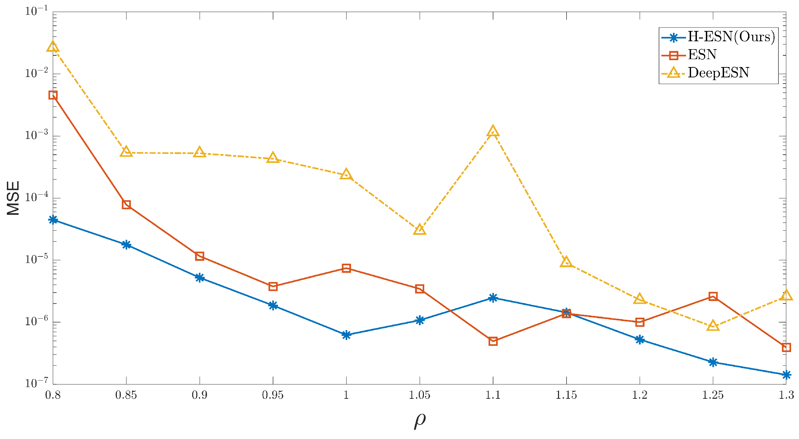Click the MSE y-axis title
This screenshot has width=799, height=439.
click(x=13, y=198)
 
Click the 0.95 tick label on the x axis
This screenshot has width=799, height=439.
click(x=273, y=395)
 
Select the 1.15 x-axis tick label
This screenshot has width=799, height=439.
click(x=566, y=395)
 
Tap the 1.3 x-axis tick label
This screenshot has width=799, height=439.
click(x=786, y=395)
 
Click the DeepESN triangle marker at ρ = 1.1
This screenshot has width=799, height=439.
click(x=493, y=132)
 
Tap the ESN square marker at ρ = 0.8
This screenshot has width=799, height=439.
click(x=53, y=95)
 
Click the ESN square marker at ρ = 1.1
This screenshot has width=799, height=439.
click(x=493, y=341)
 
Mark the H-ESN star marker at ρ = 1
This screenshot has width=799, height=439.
click(x=346, y=335)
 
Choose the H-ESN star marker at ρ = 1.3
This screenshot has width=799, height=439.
click(x=786, y=375)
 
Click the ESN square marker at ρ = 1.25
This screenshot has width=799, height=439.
click(x=713, y=296)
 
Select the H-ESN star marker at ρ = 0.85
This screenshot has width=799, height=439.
click(x=126, y=245)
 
